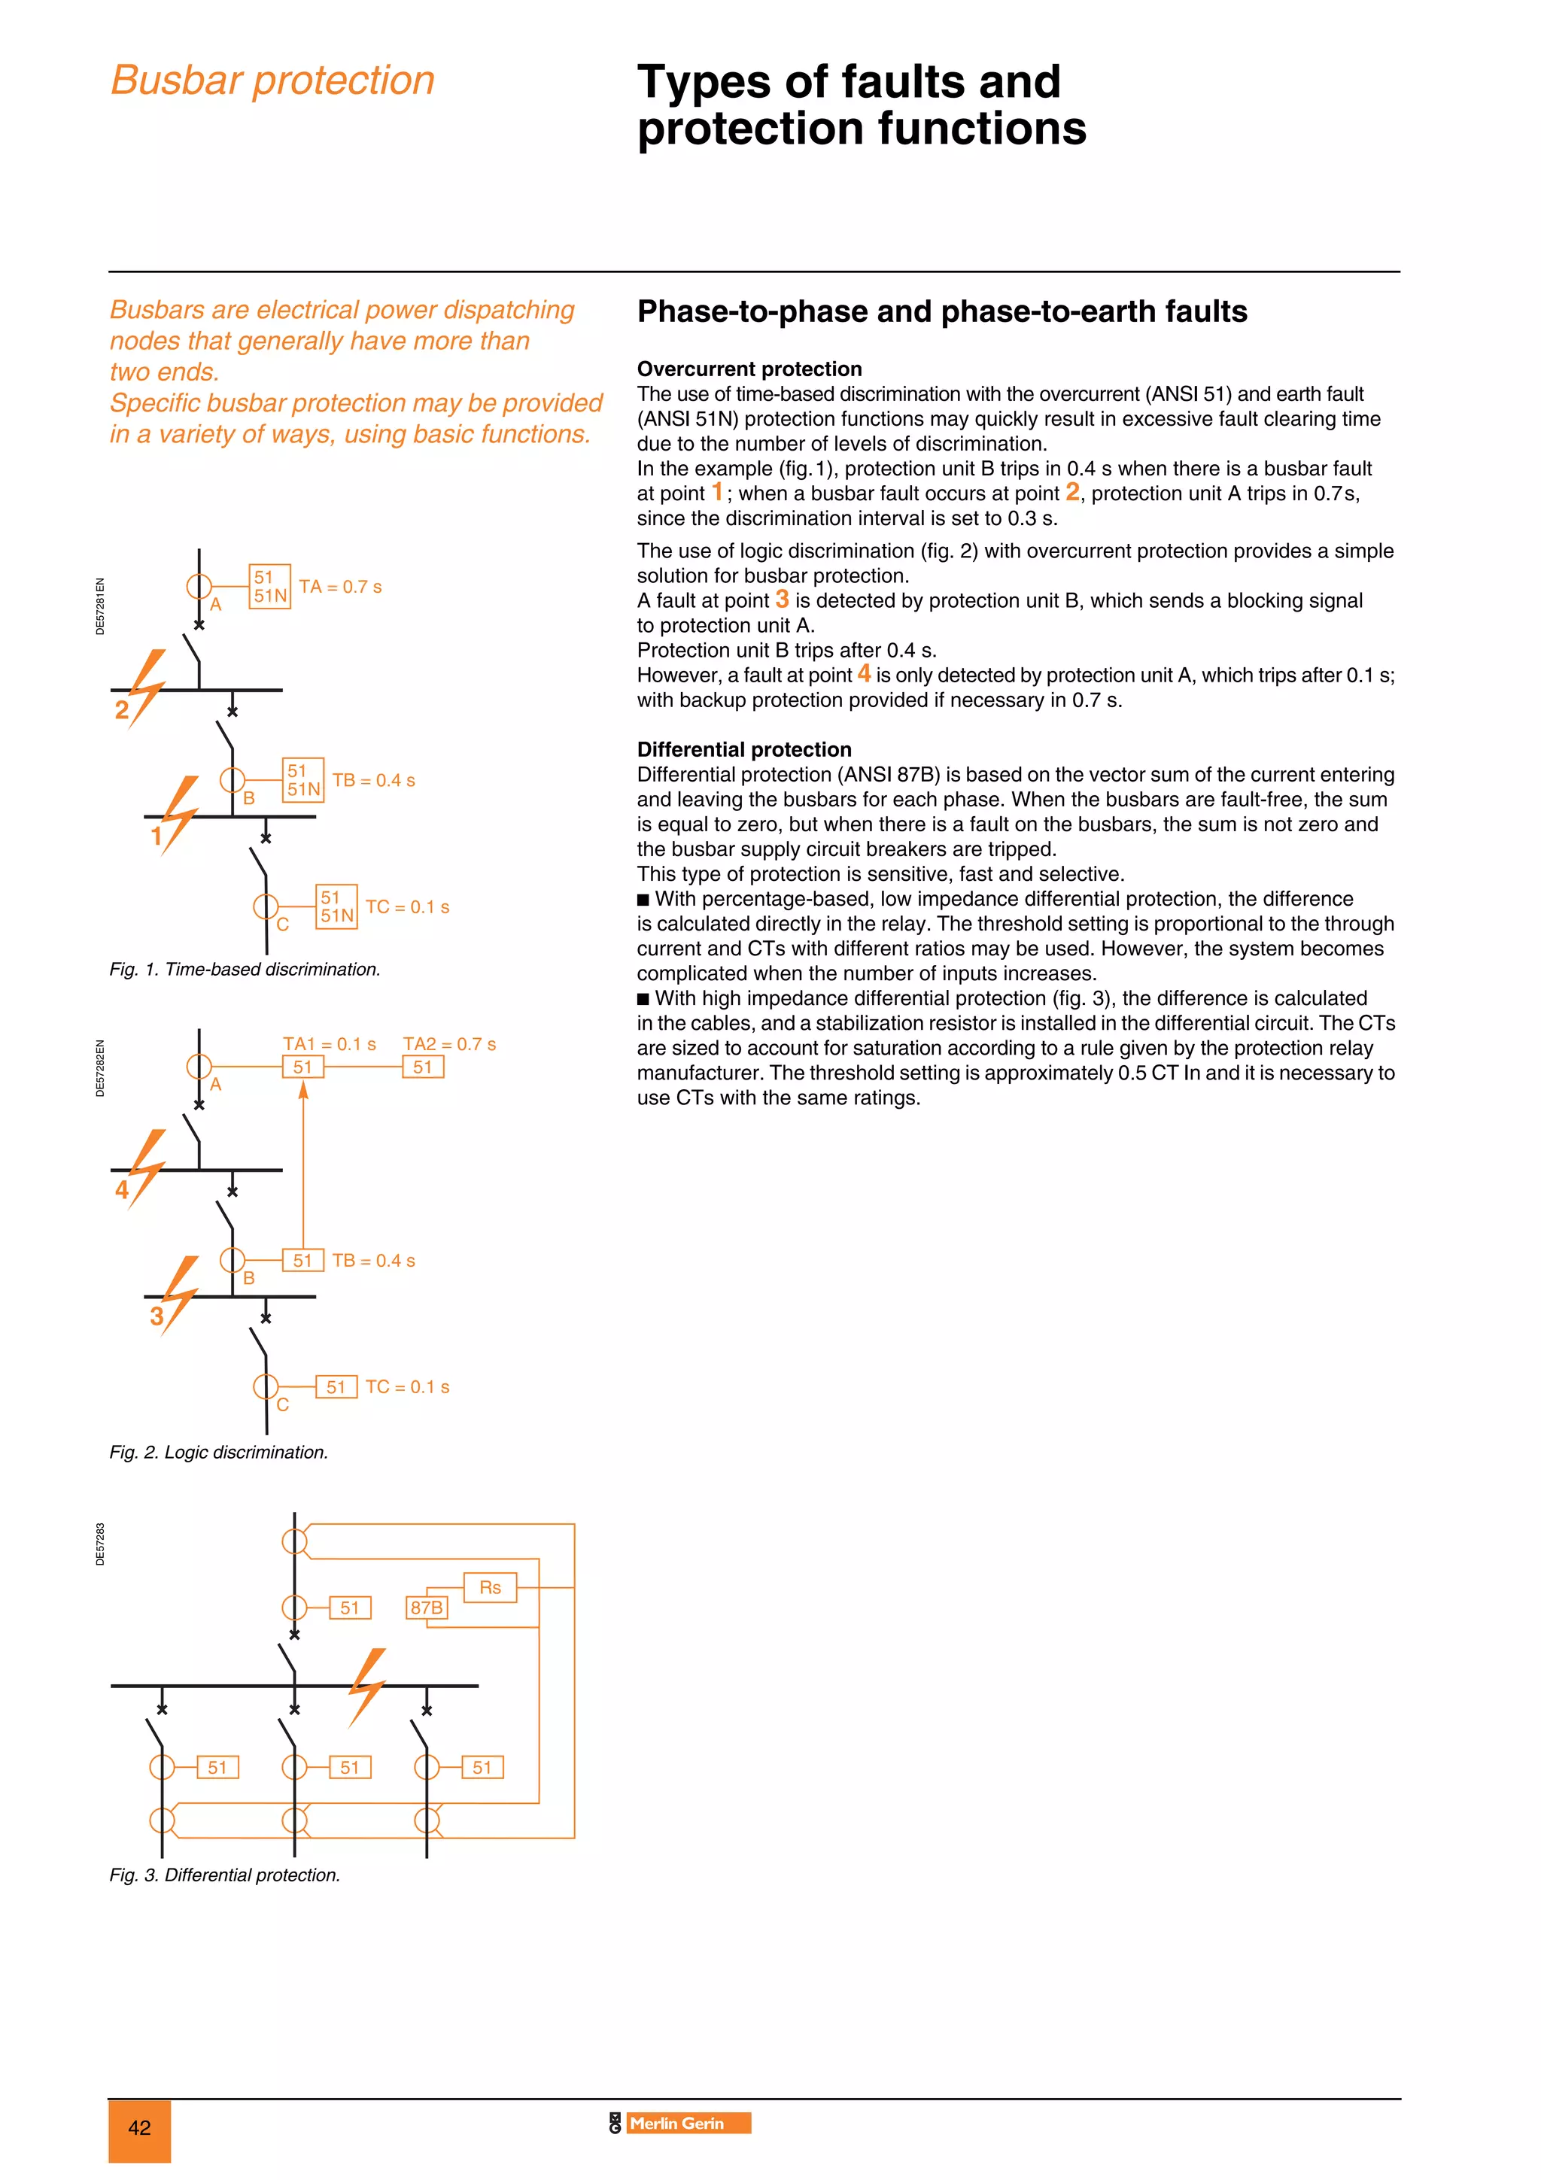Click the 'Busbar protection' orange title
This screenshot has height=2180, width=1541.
[x=272, y=80]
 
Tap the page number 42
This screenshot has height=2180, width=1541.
[x=139, y=2128]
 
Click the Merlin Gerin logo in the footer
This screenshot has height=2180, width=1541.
[x=679, y=2123]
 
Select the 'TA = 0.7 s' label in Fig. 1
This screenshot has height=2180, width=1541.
[x=340, y=587]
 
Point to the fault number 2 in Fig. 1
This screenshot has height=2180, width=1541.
[x=122, y=710]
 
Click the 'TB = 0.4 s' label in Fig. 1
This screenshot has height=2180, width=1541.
[x=373, y=781]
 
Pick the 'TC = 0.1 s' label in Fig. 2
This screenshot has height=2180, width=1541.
[x=407, y=1387]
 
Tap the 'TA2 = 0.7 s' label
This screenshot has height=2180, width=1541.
[x=449, y=1044]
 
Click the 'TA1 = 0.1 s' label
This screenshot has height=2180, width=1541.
[x=330, y=1044]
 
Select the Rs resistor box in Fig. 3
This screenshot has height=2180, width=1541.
[x=490, y=1587]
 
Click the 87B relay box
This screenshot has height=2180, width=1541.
[x=427, y=1608]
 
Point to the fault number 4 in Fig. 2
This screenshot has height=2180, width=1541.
[x=122, y=1190]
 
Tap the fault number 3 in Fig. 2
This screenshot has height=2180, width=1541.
[x=157, y=1316]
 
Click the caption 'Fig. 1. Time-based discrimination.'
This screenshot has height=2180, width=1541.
[x=245, y=970]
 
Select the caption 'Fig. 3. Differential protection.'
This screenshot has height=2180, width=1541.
[x=225, y=1875]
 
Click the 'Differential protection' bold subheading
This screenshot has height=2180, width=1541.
[x=743, y=750]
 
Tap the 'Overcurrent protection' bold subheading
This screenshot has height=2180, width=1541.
[x=749, y=369]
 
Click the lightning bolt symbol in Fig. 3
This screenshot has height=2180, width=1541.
[x=366, y=1687]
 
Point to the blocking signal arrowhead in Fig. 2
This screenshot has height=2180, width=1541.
[x=303, y=1091]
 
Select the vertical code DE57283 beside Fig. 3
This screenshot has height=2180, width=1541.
[x=101, y=1544]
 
